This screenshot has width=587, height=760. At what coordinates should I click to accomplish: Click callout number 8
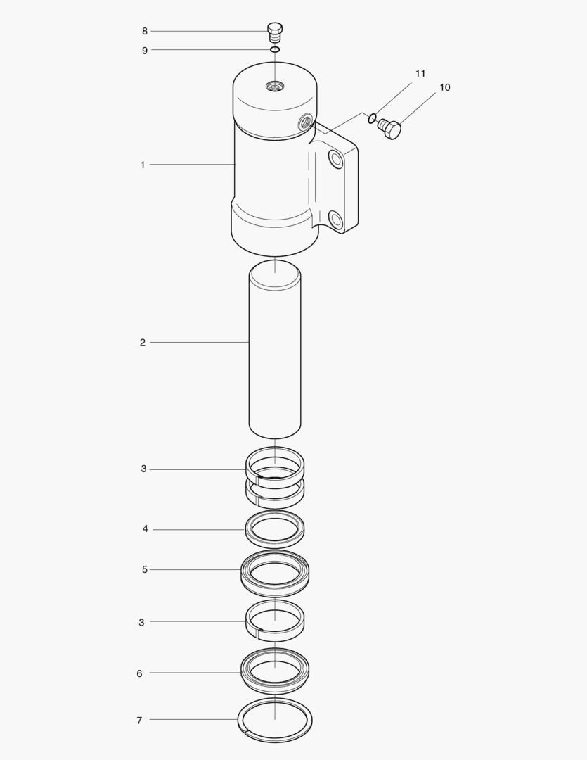(x=144, y=31)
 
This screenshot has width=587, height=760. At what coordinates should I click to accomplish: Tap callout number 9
(x=144, y=51)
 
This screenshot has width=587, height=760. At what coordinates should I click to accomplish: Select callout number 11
(x=420, y=73)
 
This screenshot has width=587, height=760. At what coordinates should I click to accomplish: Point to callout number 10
(x=444, y=87)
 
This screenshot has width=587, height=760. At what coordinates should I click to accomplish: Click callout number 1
(x=143, y=165)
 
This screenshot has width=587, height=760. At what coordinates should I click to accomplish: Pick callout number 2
(x=143, y=343)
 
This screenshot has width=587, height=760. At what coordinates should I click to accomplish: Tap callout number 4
(x=145, y=528)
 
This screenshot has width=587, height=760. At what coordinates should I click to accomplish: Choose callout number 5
(x=144, y=569)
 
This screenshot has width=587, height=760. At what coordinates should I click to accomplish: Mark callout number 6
(x=139, y=673)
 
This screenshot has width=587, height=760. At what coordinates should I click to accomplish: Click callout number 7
(x=139, y=721)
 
